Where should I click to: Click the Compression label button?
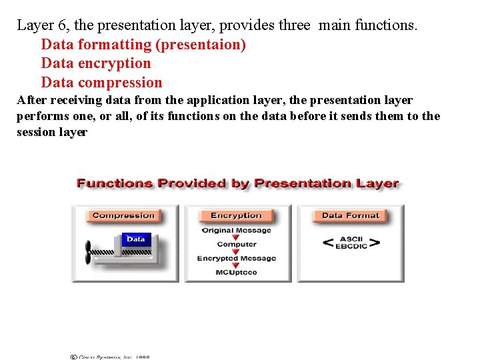point(123,215)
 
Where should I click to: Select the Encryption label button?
point(236,215)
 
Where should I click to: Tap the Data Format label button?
point(350,215)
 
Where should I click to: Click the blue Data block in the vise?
point(135,239)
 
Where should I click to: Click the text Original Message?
point(237,231)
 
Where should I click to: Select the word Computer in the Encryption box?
point(237,245)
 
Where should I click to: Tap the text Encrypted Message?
point(237,259)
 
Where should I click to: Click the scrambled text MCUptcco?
point(237,273)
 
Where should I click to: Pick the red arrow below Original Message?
point(236,238)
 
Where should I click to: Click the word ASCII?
point(351,239)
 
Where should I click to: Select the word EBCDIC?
point(351,247)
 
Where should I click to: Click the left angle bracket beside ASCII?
point(328,243)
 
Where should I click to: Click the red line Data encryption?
point(96,63)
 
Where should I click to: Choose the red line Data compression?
point(101,83)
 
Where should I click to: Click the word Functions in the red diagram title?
point(114,183)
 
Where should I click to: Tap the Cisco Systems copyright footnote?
point(110,357)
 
